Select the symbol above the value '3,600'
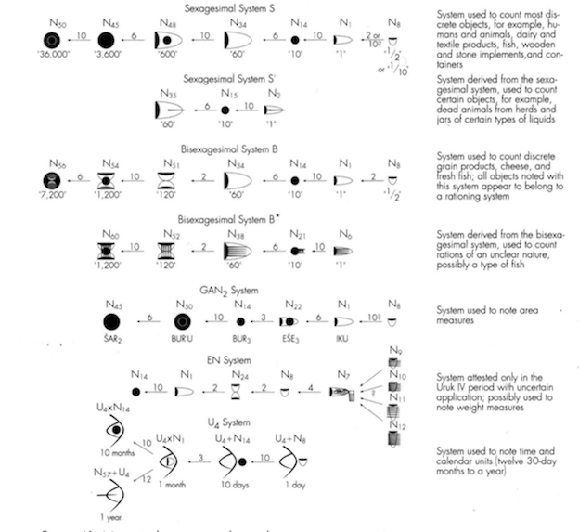pos(107,42)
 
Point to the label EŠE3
pos(295,343)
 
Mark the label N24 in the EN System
pos(240,376)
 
